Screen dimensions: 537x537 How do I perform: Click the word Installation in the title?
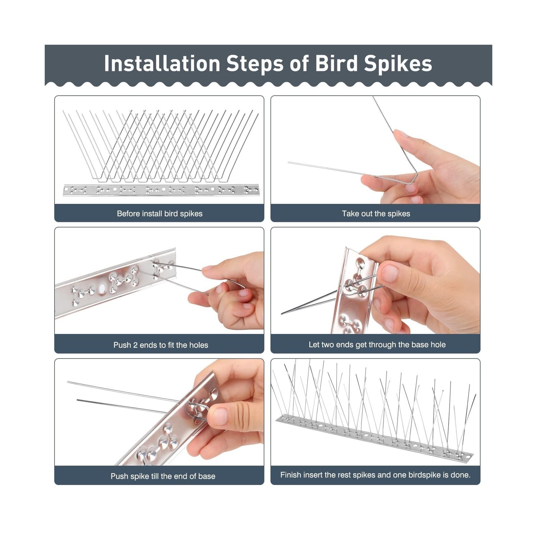click(x=161, y=63)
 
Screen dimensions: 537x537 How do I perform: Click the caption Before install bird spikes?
click(x=159, y=213)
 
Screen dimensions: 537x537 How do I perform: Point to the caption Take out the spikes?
click(x=376, y=213)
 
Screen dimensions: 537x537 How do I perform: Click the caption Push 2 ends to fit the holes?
click(x=160, y=345)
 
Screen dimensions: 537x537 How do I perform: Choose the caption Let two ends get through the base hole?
click(x=377, y=344)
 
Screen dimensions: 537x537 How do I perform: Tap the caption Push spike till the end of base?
click(x=163, y=476)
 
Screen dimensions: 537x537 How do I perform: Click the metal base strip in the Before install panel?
click(x=161, y=190)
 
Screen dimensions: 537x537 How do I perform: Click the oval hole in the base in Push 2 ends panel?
click(x=102, y=288)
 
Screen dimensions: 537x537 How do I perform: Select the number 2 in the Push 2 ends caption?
click(x=135, y=345)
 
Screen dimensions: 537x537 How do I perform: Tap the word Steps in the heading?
click(x=255, y=63)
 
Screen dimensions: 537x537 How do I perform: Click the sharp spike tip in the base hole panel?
click(x=282, y=313)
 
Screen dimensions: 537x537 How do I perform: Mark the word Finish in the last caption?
click(x=290, y=475)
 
